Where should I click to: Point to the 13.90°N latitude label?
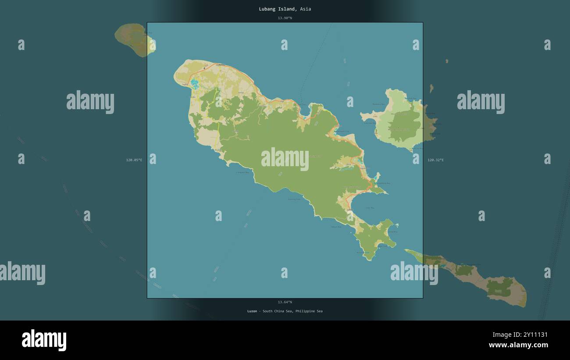point(285,18)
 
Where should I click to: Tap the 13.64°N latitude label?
point(285,302)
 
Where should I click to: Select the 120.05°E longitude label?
point(134,160)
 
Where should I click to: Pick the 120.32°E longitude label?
point(435,160)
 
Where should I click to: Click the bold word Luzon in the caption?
point(252,311)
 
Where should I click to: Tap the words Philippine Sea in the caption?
point(309,311)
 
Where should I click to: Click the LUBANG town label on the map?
point(221,65)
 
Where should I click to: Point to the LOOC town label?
point(350,210)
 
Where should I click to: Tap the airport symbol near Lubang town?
point(204,68)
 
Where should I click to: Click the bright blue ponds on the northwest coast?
point(194,83)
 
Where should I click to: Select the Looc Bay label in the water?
point(370,208)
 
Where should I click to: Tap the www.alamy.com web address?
point(518,345)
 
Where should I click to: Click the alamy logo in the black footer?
point(44,340)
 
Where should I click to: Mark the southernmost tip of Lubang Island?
point(369,260)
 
